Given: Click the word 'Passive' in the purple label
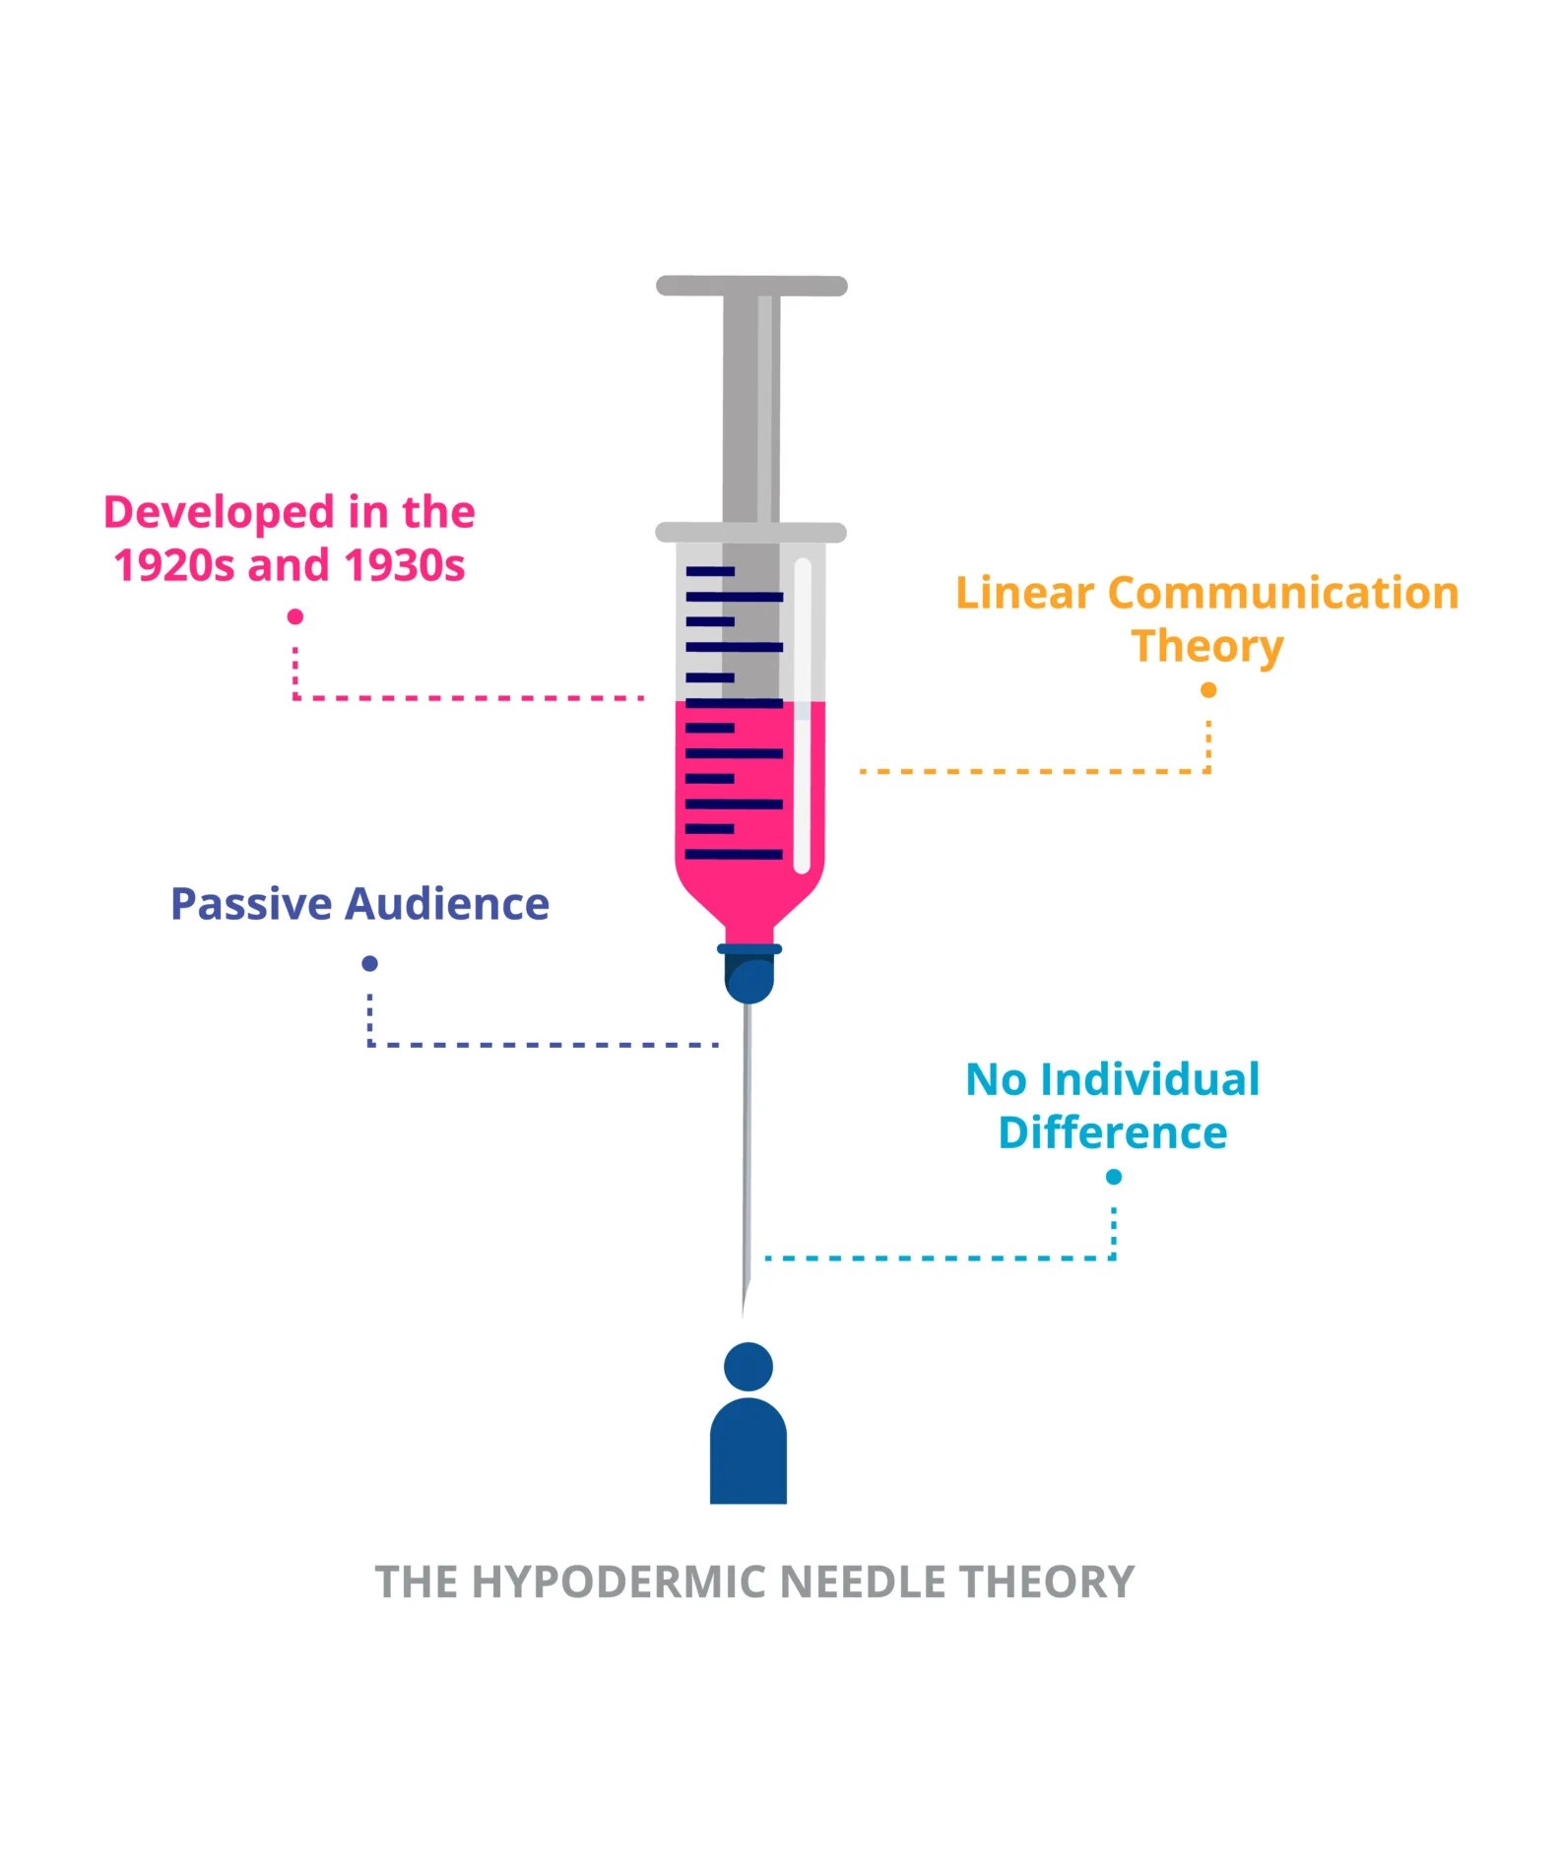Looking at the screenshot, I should [251, 904].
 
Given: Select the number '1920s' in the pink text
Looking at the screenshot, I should [174, 565].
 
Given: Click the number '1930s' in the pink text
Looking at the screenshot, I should [405, 565].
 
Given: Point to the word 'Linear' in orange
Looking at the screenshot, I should [1024, 594].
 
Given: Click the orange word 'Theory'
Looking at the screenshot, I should [1207, 647].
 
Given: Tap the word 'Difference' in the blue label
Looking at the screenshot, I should [1112, 1133].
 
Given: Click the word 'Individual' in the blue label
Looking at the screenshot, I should [1149, 1080].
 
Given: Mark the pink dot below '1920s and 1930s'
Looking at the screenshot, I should [294, 616].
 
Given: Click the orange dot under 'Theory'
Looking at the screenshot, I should [1208, 690].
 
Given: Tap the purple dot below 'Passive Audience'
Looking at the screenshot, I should [369, 963].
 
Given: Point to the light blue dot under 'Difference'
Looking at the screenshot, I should [1114, 1177].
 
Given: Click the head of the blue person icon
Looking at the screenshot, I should [748, 1366].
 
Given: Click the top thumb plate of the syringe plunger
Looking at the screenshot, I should [751, 287].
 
